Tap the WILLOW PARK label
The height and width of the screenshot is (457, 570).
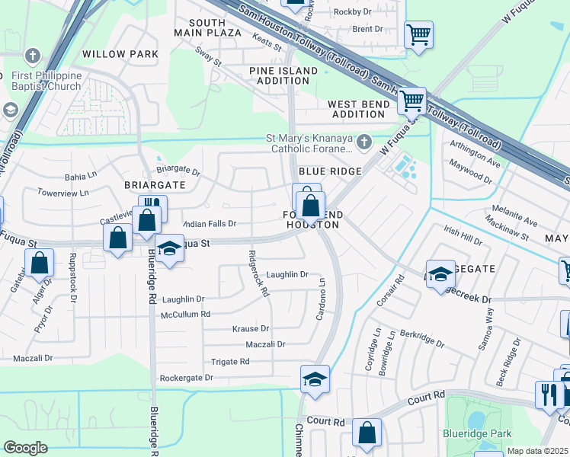(x=120, y=54)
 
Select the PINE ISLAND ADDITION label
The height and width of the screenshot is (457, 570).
(x=283, y=75)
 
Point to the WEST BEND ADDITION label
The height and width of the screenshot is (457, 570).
(x=358, y=109)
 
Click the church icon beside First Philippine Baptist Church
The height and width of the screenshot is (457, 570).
(x=32, y=56)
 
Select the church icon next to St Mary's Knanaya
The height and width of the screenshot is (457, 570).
(x=364, y=141)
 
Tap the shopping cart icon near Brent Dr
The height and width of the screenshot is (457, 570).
(x=418, y=34)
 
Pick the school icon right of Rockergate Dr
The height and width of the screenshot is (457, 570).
(x=314, y=380)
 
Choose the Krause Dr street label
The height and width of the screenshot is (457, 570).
(x=251, y=329)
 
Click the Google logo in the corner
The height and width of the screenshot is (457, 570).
(x=25, y=448)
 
